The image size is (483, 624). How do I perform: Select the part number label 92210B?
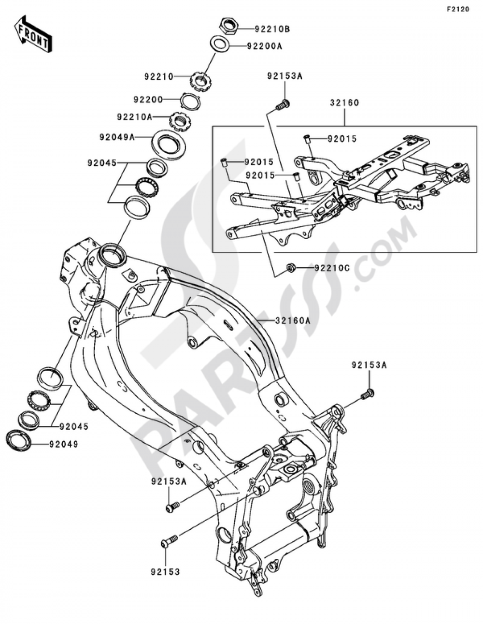point(272,29)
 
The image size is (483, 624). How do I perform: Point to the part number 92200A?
point(264,46)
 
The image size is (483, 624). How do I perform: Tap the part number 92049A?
point(117,137)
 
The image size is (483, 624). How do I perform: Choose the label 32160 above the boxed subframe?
point(344,103)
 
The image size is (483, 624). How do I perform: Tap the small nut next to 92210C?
point(291,267)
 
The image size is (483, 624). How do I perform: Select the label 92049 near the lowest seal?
point(63,443)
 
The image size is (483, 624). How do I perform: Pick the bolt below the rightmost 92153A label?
point(368,395)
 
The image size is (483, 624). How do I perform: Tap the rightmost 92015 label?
point(342,139)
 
